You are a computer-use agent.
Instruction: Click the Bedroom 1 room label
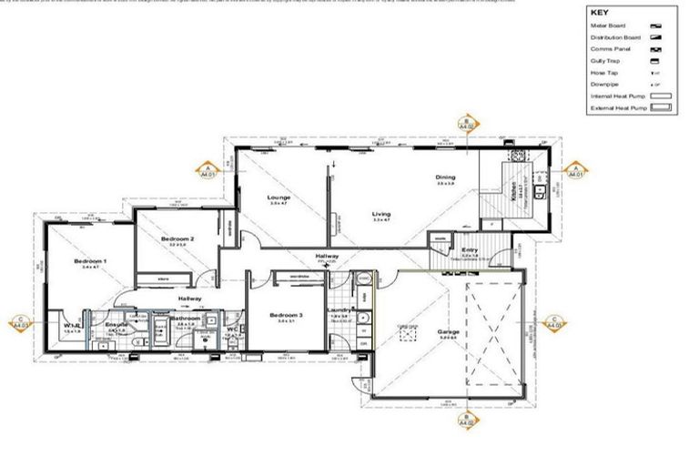91,262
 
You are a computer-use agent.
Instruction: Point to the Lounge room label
279,197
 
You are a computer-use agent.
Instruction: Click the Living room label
380,215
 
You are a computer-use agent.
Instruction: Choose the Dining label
445,177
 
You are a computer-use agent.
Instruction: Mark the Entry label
470,249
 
